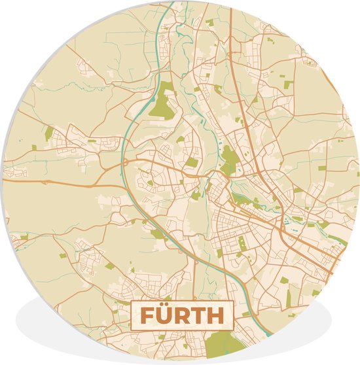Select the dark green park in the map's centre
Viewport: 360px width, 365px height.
[x=228, y=159]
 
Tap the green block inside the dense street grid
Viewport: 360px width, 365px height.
[x=242, y=243]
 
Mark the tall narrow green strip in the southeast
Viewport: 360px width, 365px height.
[x=287, y=298]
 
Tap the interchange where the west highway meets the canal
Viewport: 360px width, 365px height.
[x=124, y=161]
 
